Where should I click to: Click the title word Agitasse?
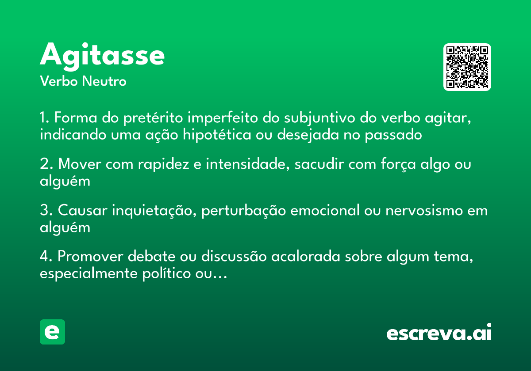point(102,55)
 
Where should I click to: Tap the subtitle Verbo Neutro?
point(83,81)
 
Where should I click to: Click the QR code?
point(467,67)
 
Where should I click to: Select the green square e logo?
point(52,332)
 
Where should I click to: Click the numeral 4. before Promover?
point(46,257)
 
